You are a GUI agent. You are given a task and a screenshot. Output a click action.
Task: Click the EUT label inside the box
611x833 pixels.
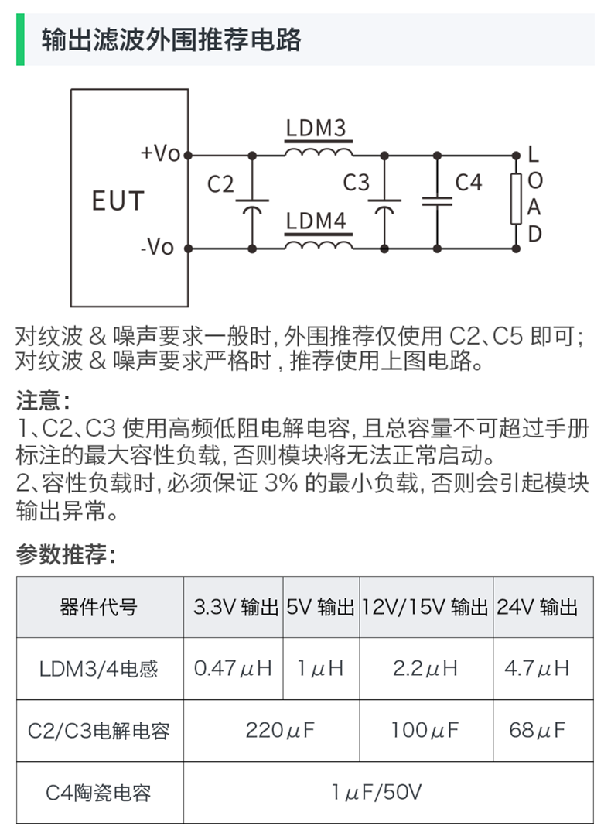point(118,201)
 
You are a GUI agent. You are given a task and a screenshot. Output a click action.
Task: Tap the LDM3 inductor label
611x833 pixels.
point(316,128)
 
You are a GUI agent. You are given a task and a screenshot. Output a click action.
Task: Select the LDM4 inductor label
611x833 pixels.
point(316,221)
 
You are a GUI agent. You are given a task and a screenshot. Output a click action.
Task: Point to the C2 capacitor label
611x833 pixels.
point(220,184)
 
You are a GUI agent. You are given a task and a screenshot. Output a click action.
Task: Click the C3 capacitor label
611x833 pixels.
point(357,183)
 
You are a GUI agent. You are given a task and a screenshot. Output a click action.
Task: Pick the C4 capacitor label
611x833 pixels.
point(468,183)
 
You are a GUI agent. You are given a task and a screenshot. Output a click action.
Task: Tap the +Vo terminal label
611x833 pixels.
point(160,153)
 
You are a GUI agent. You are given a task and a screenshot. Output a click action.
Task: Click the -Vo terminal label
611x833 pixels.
point(158,248)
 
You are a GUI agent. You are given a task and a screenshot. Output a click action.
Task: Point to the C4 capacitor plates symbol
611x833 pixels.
point(437,200)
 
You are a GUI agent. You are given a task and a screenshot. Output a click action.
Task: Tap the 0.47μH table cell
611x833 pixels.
point(233,668)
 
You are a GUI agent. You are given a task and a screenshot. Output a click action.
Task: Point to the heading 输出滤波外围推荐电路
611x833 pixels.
point(171,39)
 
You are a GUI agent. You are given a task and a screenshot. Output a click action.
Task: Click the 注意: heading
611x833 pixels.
point(43,400)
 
